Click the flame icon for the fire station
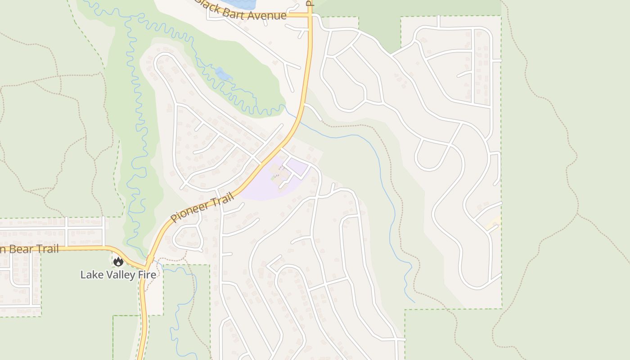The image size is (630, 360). pos(118,261)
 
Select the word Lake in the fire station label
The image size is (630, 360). pos(90,274)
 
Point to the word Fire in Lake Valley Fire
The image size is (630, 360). pos(146,274)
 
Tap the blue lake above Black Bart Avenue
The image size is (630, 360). pos(238,4)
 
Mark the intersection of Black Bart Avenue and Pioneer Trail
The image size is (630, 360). pos(310,15)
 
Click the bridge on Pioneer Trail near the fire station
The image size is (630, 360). pos(149,261)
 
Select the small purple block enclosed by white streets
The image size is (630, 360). pos(297,168)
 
